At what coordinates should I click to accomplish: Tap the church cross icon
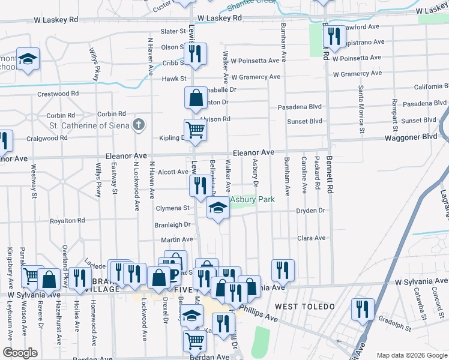coord(139,125)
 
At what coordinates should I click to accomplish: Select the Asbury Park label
coord(252,200)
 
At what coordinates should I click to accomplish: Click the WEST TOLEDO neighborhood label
coord(305,307)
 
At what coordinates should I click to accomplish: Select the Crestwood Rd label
coord(58,94)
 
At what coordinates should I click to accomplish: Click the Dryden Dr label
coord(310,211)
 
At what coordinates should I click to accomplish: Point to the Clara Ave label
coord(311,238)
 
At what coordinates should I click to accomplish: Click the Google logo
coord(20,353)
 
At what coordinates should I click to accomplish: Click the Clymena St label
coord(173,208)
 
